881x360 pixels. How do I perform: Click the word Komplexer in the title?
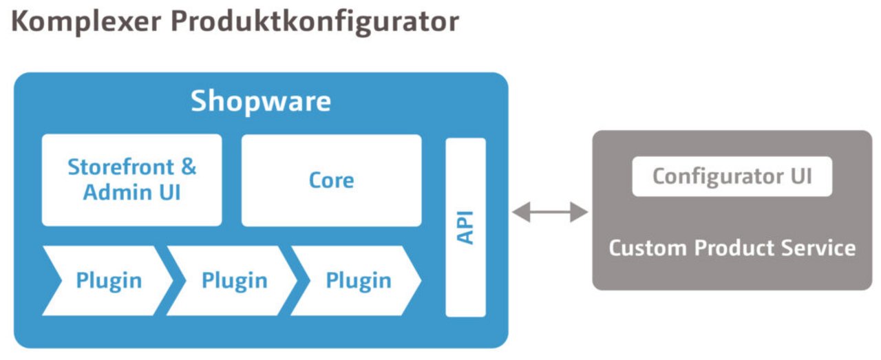pos(85,21)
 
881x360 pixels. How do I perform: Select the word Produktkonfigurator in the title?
pos(315,21)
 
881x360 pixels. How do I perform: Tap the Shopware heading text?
pos(261,102)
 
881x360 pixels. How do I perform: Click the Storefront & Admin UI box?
pos(131,180)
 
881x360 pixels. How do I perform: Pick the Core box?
pos(331,180)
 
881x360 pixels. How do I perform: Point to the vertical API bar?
pos(465,227)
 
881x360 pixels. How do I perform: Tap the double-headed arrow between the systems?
pos(550,213)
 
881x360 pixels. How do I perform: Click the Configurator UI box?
pos(732,176)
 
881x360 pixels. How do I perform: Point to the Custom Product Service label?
pos(732,248)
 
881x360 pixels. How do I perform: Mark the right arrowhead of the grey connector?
pos(580,213)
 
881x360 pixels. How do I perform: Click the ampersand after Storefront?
pos(187,167)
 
